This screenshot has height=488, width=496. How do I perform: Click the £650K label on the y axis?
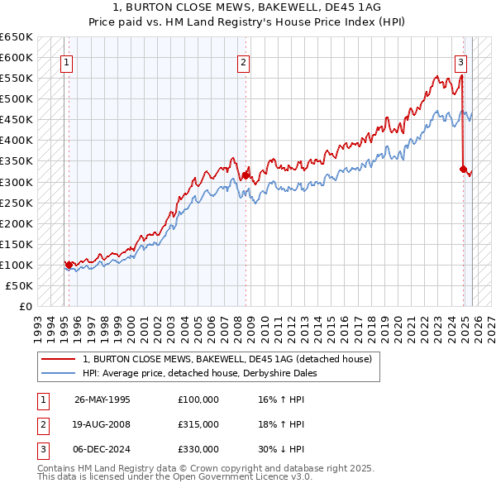tap(17, 37)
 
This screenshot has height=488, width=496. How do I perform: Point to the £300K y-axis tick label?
tap(17, 182)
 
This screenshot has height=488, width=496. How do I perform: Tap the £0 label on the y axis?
tap(26, 306)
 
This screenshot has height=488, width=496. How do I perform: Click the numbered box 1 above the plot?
tap(66, 60)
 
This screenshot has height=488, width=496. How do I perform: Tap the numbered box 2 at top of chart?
tap(243, 60)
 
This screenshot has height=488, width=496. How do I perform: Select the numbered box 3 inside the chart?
tap(460, 60)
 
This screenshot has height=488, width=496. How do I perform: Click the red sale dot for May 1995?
tap(69, 265)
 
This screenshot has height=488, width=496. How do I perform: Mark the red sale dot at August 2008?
tap(246, 175)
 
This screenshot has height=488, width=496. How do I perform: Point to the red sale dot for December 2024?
tap(463, 169)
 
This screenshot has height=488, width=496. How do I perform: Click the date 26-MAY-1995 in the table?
tap(103, 399)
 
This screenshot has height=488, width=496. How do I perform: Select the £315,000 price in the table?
tap(198, 424)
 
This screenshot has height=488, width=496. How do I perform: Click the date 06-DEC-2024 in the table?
tap(103, 449)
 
